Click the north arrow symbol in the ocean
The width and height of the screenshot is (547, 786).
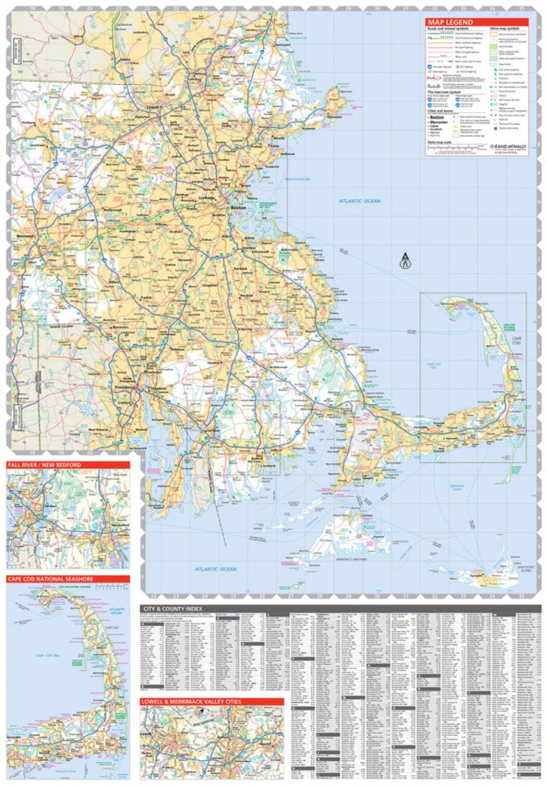[x=406, y=260]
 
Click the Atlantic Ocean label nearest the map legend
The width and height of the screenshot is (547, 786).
[x=359, y=201]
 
